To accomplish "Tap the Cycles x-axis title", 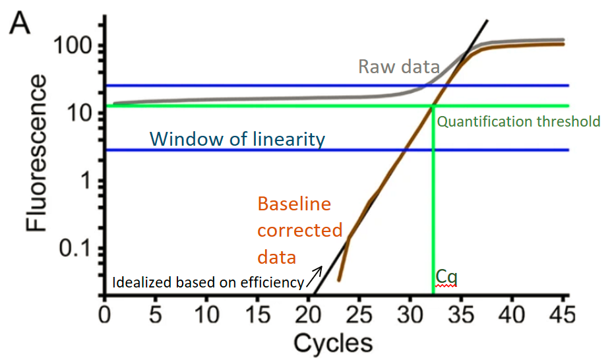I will click(x=333, y=343).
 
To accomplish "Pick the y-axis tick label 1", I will click(x=84, y=181).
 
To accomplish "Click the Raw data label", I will click(x=399, y=66).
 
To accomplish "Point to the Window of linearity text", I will click(x=237, y=139).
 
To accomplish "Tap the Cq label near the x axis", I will click(x=446, y=276).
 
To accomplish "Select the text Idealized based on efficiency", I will click(x=207, y=284).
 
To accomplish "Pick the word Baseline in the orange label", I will click(x=293, y=204).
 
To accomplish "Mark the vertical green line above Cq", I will click(x=433, y=198).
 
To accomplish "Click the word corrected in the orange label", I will click(x=299, y=231).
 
